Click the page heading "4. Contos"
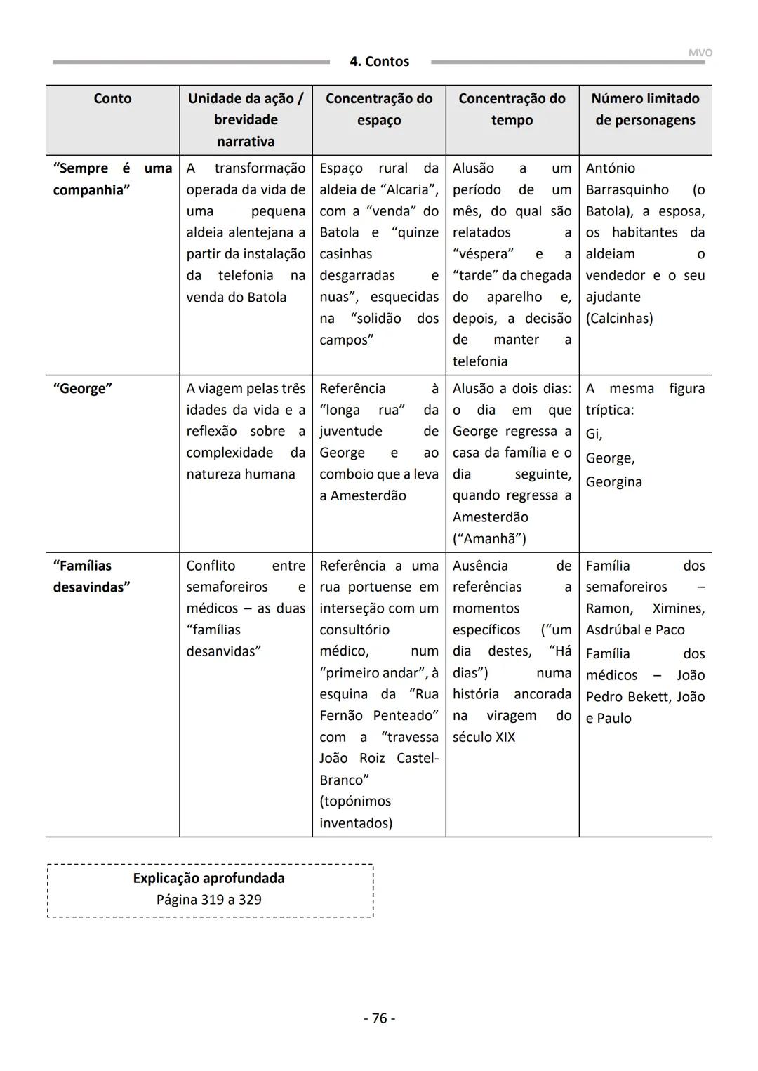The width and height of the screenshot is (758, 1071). coord(379,62)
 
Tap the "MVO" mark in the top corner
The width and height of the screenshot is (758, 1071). coord(700,53)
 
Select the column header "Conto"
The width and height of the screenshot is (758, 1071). coord(112,98)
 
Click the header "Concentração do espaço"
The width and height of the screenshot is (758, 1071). coord(379,109)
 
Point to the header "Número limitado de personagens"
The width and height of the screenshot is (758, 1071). coord(645,109)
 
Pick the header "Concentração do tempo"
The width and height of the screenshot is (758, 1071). coord(512,109)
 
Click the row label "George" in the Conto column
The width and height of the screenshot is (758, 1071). coord(82,388)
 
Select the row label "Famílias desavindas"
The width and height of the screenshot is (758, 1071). coord(91,576)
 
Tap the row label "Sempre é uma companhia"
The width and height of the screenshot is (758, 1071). coord(112,178)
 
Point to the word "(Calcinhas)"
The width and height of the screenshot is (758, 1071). coord(619,319)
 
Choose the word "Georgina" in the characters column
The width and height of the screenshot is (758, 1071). coord(613,482)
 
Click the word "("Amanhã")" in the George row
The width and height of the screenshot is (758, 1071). coord(489,538)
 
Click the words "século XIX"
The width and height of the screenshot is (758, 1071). coord(484,737)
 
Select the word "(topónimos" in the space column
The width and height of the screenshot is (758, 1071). coord(355,801)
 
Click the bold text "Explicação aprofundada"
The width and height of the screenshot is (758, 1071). coord(208,878)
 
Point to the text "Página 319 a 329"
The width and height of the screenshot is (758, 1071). coord(208,900)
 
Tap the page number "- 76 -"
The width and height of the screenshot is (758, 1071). coord(379,1018)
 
